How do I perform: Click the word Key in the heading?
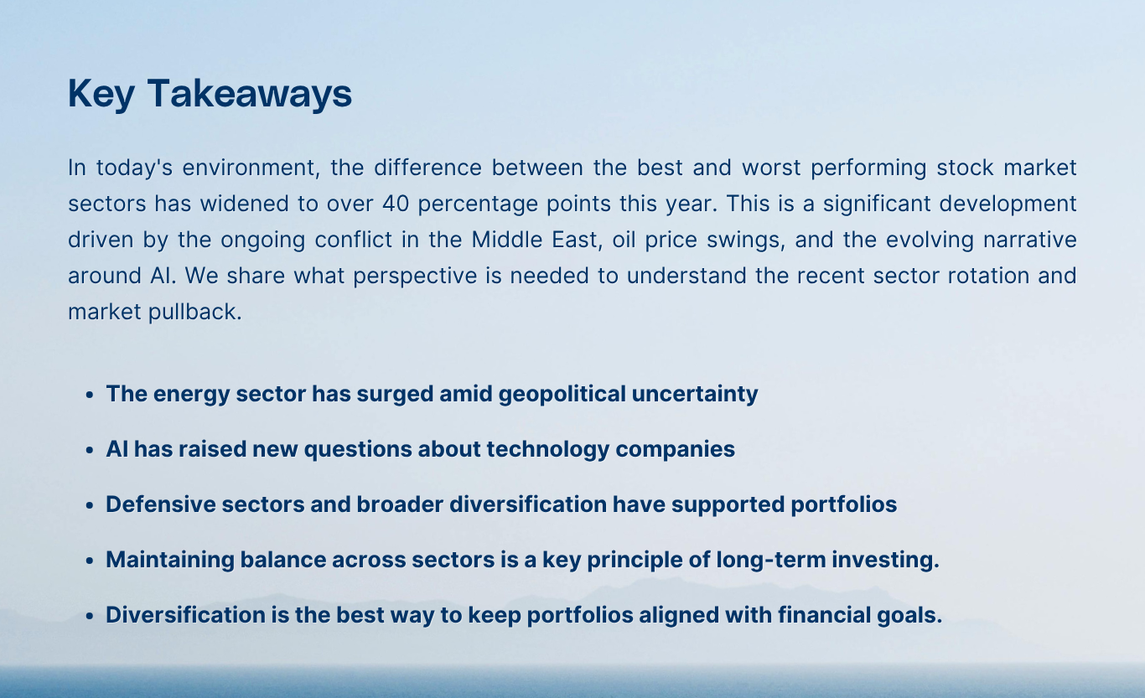coord(101,94)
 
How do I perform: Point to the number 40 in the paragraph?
coord(395,204)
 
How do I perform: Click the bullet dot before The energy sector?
coord(90,395)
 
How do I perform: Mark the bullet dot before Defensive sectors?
coord(90,506)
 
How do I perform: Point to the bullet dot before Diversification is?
coord(90,617)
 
